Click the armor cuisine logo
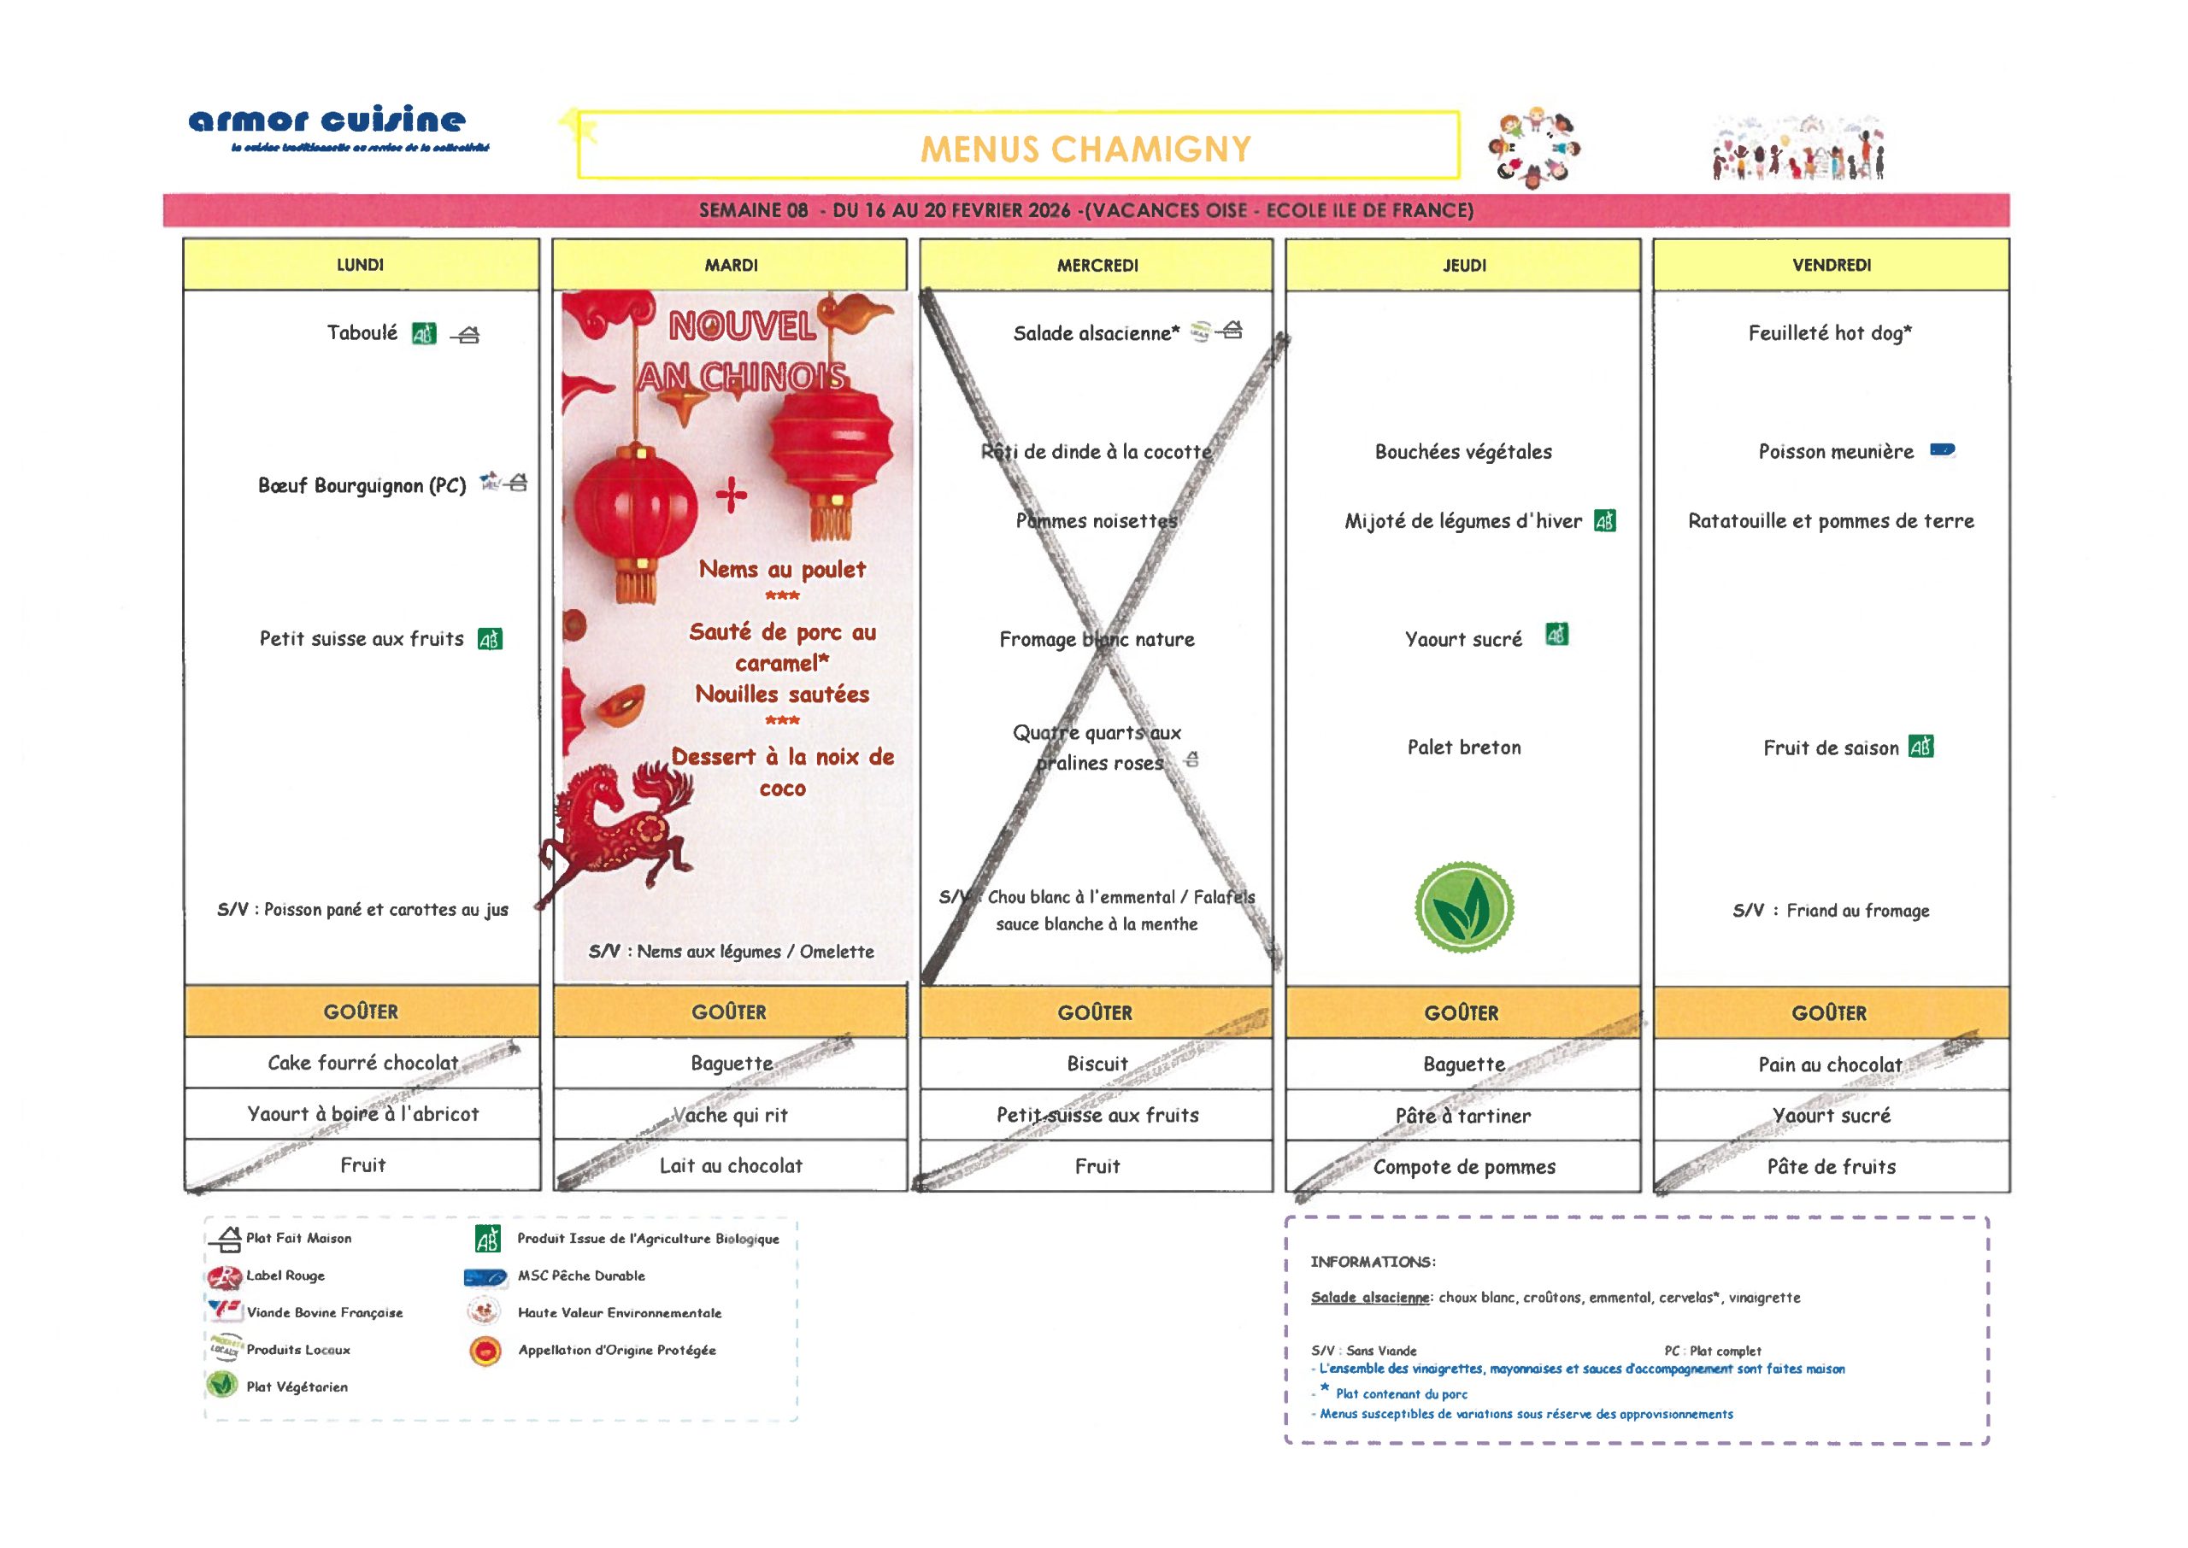327,122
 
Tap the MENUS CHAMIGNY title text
1084,150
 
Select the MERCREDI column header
1097,265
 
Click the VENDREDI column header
1831,265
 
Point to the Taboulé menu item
362,332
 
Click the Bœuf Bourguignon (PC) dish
362,485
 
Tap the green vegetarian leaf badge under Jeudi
1463,906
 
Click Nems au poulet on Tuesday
782,569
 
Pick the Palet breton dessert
1463,748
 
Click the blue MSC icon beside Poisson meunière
1942,450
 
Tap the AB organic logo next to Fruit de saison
1921,748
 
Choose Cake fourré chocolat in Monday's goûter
362,1062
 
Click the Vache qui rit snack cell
732,1114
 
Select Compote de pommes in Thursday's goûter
1463,1167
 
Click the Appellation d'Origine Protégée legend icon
485,1350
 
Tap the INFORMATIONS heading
1372,1262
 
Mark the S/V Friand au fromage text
1831,911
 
